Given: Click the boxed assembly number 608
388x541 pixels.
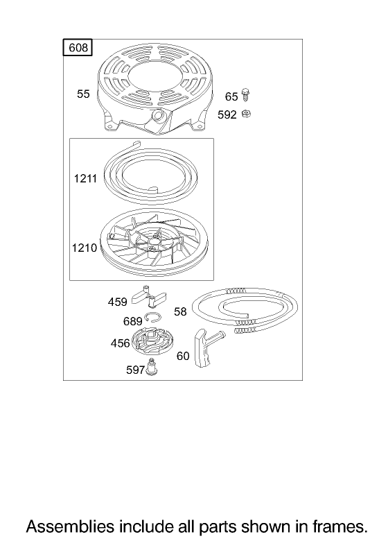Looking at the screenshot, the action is point(78,47).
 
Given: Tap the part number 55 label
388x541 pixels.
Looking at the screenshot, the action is point(83,94).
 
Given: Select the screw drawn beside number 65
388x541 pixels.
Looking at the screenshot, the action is point(246,94).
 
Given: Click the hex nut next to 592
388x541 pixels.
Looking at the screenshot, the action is point(246,113).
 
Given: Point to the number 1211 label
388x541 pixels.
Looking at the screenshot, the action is point(85,178).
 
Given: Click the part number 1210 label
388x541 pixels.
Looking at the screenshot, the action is point(84,248).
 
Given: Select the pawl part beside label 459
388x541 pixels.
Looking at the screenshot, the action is point(149,296).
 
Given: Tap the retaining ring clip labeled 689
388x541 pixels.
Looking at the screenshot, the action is point(152,317).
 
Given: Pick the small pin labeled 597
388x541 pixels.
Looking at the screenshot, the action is point(150,366).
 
